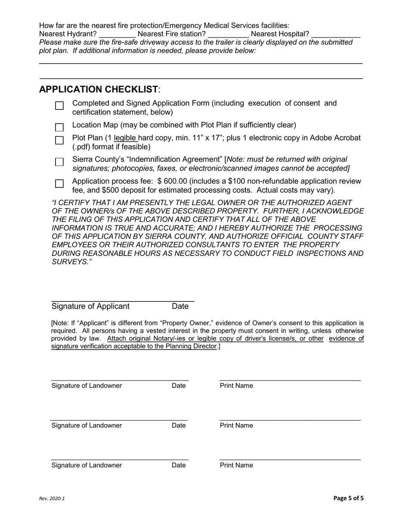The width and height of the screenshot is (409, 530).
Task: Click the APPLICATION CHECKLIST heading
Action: click(x=99, y=90)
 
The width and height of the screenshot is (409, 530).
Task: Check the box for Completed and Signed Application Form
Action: click(x=59, y=106)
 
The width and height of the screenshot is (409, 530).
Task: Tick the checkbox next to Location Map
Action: click(x=59, y=128)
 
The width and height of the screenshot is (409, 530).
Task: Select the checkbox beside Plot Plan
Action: click(x=59, y=140)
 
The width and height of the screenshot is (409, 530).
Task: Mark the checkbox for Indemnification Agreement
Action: click(x=59, y=162)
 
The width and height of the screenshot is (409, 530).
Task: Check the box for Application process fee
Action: click(x=59, y=184)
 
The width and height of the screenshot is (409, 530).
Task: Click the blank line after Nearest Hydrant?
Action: click(x=117, y=34)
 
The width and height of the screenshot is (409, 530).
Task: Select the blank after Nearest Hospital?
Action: click(x=336, y=34)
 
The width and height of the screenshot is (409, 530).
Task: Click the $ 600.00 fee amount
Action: click(x=174, y=181)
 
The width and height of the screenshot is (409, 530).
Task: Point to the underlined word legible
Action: click(x=125, y=138)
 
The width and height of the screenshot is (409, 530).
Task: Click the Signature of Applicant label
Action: click(x=90, y=306)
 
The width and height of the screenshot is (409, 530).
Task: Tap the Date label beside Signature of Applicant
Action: click(x=180, y=306)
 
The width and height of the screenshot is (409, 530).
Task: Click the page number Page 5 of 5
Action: click(x=348, y=499)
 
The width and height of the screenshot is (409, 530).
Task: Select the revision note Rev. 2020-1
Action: click(x=52, y=499)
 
